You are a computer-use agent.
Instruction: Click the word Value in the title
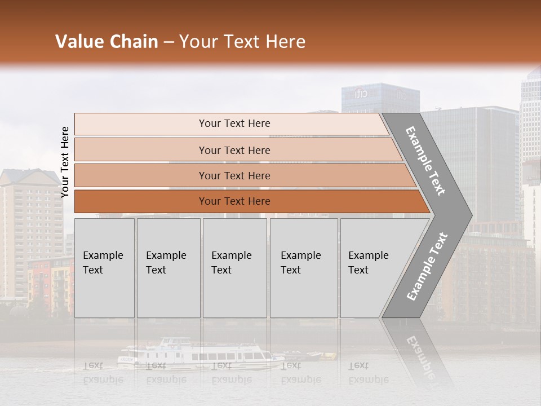coord(78,42)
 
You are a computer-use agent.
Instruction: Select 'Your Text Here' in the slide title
coord(242,42)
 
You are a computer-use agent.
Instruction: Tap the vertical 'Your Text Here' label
coord(65,162)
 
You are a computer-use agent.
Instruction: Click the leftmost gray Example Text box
coord(104,268)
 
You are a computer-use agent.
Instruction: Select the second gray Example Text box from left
coord(168,268)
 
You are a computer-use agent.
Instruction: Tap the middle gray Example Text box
coord(234,268)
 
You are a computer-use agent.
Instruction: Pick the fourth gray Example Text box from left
coord(303,268)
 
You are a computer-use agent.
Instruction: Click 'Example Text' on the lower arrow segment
coord(427,266)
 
